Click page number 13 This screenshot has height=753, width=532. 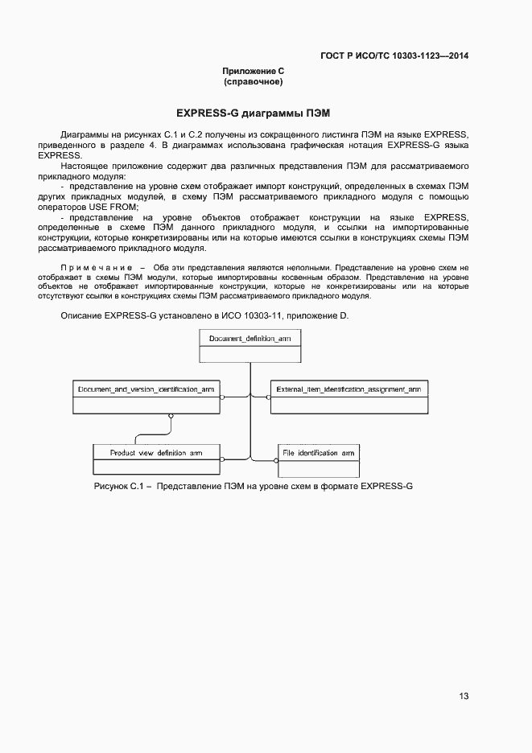464,696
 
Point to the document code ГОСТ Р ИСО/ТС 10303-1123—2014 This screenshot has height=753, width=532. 394,56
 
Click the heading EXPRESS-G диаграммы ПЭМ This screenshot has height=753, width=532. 254,113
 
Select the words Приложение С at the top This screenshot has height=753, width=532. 254,72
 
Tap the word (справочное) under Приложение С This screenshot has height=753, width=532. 254,82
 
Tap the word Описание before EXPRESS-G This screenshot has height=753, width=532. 81,316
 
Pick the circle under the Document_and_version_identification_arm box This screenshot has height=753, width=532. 170,416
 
